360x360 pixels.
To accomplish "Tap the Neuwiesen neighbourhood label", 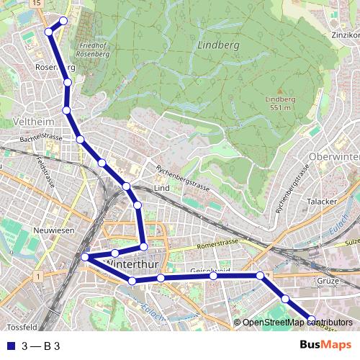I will click(54, 230).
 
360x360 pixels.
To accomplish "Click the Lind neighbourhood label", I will click(161, 188).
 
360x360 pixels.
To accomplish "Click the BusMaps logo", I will click(325, 346).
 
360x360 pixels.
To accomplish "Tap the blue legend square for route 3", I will click(9, 346).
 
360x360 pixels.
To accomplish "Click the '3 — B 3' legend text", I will click(40, 346).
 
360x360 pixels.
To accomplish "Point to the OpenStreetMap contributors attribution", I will click(296, 323).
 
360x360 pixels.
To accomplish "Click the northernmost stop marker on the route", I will click(63, 20).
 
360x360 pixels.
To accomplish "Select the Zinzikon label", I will click(346, 35).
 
